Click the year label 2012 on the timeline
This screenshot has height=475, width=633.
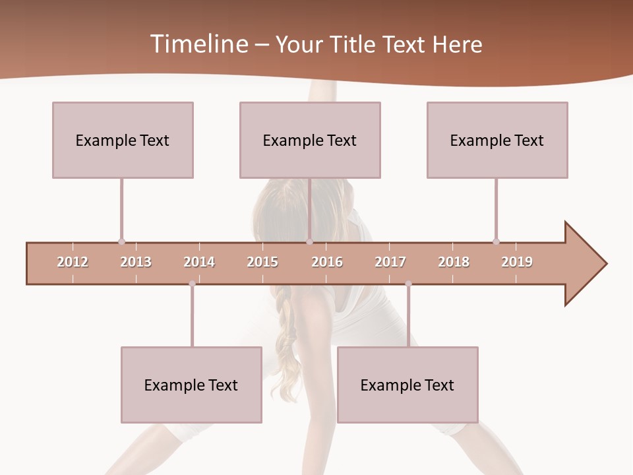pyautogui.click(x=73, y=262)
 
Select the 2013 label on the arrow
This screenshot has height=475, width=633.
pyautogui.click(x=136, y=262)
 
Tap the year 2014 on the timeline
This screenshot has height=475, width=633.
pyautogui.click(x=199, y=262)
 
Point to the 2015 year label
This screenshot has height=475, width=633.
pyautogui.click(x=262, y=262)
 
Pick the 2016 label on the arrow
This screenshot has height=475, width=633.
pyautogui.click(x=327, y=262)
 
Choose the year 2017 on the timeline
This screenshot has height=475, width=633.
pyautogui.click(x=390, y=262)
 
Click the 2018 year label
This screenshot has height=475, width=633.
pyautogui.click(x=454, y=262)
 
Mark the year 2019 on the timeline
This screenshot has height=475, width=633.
pyautogui.click(x=517, y=262)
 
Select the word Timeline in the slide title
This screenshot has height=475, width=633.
pyautogui.click(x=198, y=44)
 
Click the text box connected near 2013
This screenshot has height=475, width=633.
pyautogui.click(x=123, y=140)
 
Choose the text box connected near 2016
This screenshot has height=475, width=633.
pyautogui.click(x=310, y=140)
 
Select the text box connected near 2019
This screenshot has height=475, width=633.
pyautogui.click(x=497, y=140)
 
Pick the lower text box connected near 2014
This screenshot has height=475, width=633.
pyautogui.click(x=191, y=385)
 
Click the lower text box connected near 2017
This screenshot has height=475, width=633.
pyautogui.click(x=407, y=385)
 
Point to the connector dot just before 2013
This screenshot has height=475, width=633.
pyautogui.click(x=121, y=241)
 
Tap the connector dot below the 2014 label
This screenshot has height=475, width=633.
pyautogui.click(x=192, y=284)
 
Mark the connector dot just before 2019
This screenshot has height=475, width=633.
pyautogui.click(x=496, y=241)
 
